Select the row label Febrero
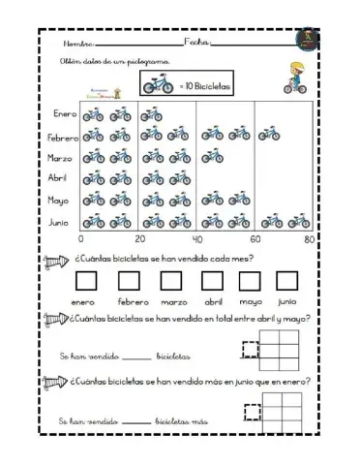click(62, 137)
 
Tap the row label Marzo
click(63, 157)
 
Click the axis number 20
click(138, 239)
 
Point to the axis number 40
click(196, 239)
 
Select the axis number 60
click(255, 239)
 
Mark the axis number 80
click(310, 239)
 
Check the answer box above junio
click(286, 281)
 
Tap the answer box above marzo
click(174, 281)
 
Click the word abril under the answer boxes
click(213, 302)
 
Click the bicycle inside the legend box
click(160, 85)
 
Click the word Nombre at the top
click(77, 45)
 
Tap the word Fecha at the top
click(195, 44)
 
